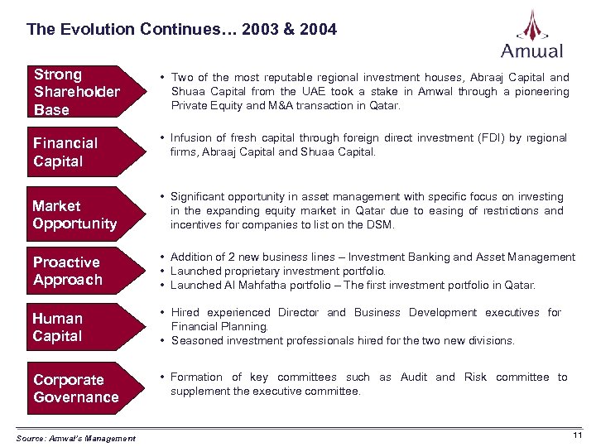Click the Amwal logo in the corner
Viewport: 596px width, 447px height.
tap(531, 35)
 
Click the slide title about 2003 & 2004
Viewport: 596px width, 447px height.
tap(181, 30)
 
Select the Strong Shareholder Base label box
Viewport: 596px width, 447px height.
tap(77, 92)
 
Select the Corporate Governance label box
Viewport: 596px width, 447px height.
tap(76, 388)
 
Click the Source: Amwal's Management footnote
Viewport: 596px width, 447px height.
tap(75, 438)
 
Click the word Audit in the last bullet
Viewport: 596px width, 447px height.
tap(413, 377)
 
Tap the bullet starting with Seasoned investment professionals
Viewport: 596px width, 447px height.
tap(342, 340)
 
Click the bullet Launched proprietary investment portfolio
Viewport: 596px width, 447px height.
tap(278, 272)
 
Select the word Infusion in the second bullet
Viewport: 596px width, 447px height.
tap(192, 137)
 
